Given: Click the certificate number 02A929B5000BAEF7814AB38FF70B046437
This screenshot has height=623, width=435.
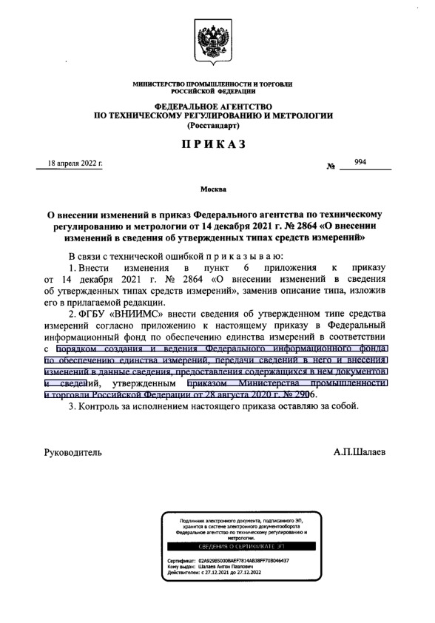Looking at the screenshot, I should [x=247, y=560].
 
